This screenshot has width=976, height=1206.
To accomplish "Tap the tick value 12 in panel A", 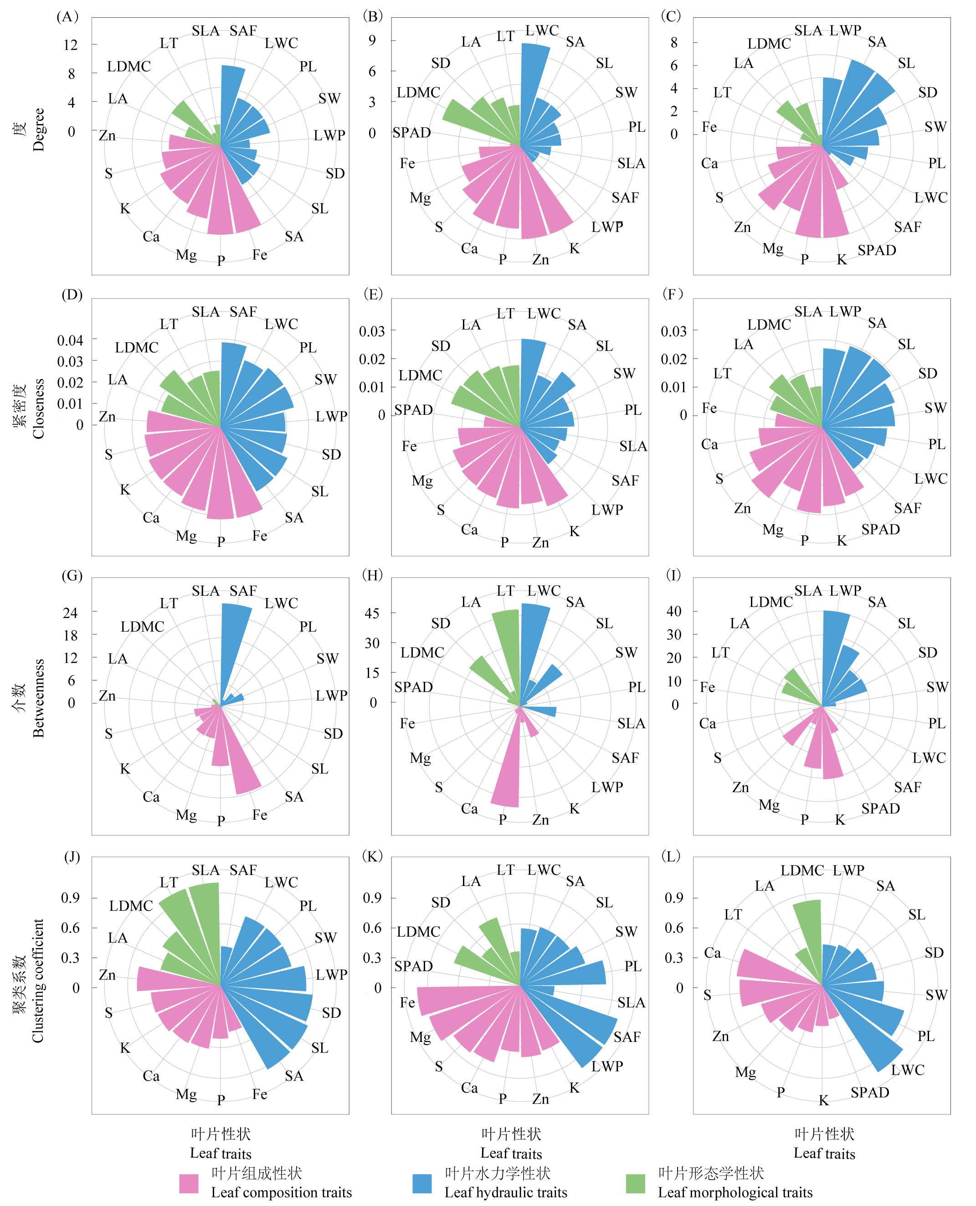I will pos(70,45).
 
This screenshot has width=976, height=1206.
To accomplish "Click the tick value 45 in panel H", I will pos(372,613).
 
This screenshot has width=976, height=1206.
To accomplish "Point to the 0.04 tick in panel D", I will pos(70,340).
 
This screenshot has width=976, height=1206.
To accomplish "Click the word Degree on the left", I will pos(38,130).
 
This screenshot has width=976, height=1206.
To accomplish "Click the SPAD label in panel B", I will pos(411,133).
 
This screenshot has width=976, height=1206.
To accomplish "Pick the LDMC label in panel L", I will pos(802,871).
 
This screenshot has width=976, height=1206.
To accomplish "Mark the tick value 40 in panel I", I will pos(673,611).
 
